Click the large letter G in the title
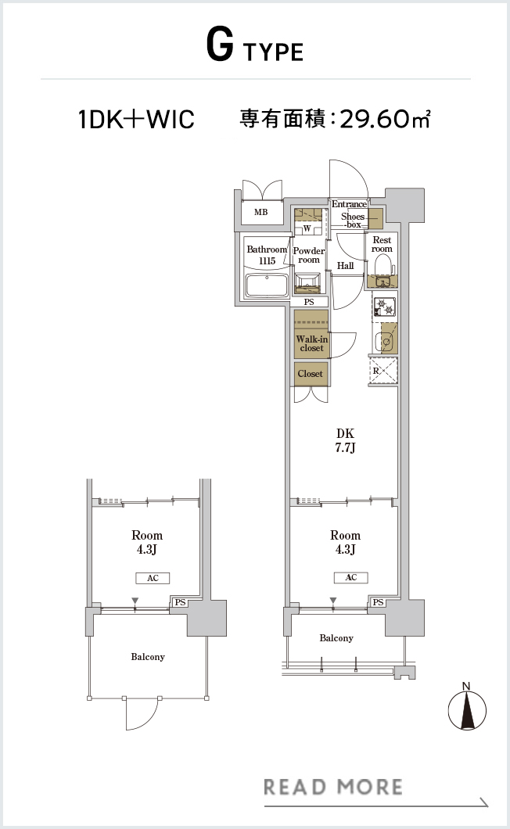click(220, 45)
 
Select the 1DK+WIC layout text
click(136, 119)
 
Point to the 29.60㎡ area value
click(385, 119)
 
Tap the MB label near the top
click(260, 212)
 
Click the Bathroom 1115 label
click(267, 255)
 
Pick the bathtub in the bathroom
click(267, 286)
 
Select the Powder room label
click(309, 256)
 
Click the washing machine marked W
click(307, 228)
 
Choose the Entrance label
click(349, 204)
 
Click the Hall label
click(346, 266)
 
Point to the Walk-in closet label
click(311, 343)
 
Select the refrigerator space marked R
click(383, 370)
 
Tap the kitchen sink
click(385, 342)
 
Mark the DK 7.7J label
click(345, 440)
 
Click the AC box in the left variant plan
click(153, 578)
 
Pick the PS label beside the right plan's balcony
click(378, 602)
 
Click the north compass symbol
click(467, 709)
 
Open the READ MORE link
click(332, 788)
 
